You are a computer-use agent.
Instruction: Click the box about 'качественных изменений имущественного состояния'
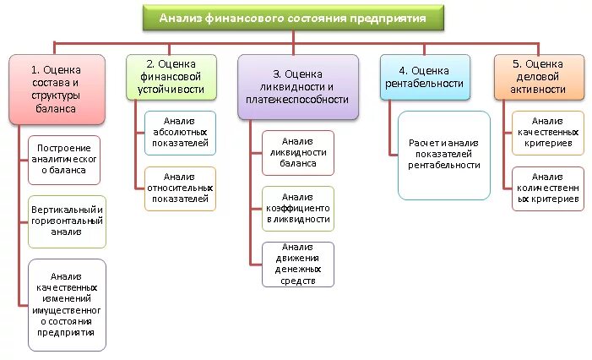coord(66,303)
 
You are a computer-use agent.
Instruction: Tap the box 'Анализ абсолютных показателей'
coord(181,133)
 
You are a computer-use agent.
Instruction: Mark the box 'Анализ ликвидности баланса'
coord(298,152)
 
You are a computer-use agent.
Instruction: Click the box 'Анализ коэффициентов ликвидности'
coord(298,208)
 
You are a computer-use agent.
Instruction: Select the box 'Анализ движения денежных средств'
coord(298,263)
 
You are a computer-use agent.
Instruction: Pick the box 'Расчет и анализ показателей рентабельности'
coord(443,154)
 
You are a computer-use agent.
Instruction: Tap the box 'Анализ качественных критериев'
coord(547,133)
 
